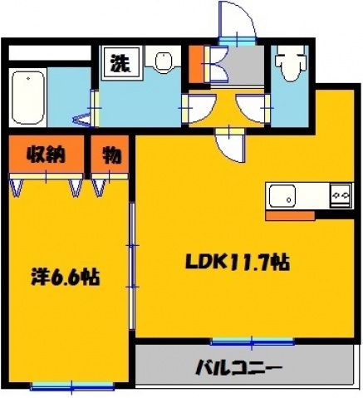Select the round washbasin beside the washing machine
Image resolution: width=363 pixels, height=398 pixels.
point(163,63)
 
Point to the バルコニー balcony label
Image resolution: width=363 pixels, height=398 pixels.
point(241,366)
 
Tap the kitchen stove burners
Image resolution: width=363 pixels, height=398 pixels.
point(341,196)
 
